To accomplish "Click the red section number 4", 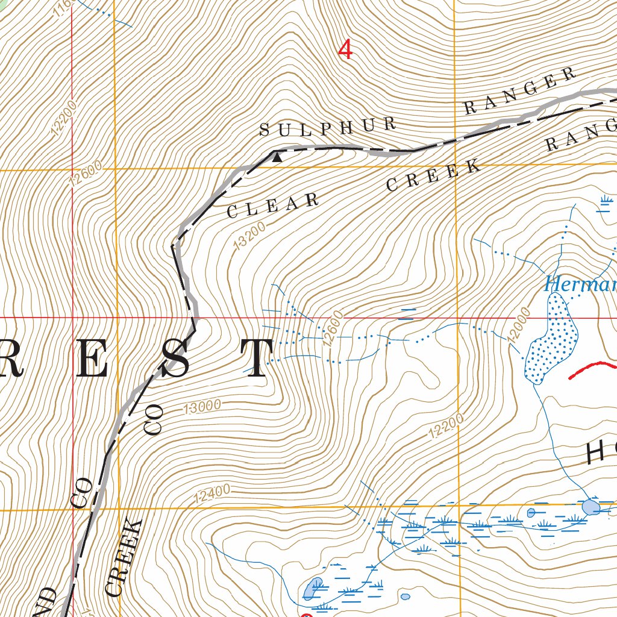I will [345, 49].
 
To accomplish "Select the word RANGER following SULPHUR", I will [519, 91].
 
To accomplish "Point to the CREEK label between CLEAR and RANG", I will [434, 175].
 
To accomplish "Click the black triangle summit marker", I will [277, 158].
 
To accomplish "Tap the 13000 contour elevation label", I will [201, 408].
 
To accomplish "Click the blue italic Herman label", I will [579, 284].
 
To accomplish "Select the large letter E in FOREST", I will [94, 360].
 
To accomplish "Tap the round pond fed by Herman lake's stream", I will [590, 507].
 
